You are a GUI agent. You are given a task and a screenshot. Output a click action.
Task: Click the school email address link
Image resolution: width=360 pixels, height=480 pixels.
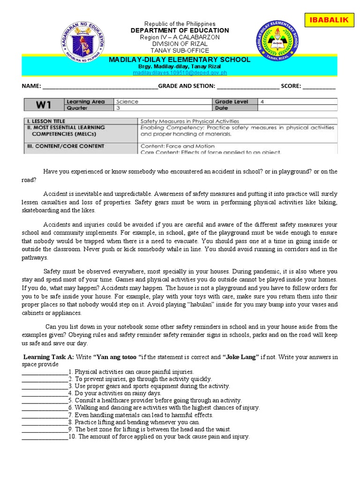(x=180, y=73)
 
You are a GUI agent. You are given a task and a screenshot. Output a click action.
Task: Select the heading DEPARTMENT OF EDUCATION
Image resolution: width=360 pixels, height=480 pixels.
(x=180, y=30)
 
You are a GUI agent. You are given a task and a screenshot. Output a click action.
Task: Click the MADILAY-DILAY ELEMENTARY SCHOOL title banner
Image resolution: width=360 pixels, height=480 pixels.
(x=180, y=60)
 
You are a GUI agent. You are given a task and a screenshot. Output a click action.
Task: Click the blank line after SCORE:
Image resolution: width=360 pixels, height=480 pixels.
(x=319, y=87)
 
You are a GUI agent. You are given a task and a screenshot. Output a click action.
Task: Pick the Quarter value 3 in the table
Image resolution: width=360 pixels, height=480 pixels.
(x=118, y=108)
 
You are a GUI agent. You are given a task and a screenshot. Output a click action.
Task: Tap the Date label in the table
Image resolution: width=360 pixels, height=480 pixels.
(x=222, y=108)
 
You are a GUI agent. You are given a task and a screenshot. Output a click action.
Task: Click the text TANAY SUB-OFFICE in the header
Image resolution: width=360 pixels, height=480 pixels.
(x=180, y=50)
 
